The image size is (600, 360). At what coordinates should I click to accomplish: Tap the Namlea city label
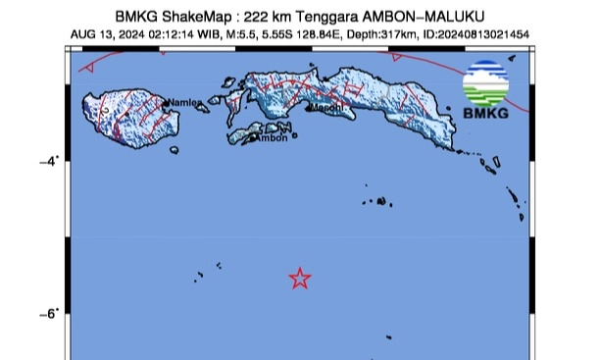[x=184, y=102]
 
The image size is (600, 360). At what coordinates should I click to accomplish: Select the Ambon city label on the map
[x=272, y=137]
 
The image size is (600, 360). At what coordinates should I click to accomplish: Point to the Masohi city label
[x=329, y=106]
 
